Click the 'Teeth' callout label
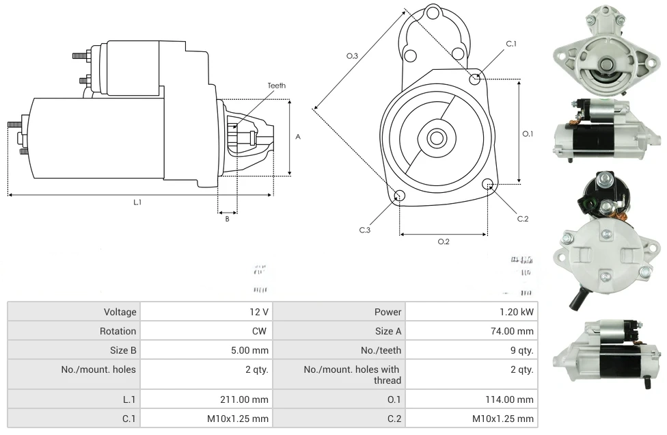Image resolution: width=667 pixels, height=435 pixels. pyautogui.click(x=277, y=85)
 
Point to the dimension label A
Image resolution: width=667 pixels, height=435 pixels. pyautogui.click(x=298, y=137)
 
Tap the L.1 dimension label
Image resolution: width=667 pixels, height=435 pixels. pyautogui.click(x=137, y=202)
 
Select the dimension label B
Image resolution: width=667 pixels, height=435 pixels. pyautogui.click(x=228, y=219)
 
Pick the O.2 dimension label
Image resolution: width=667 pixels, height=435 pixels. pyautogui.click(x=444, y=241)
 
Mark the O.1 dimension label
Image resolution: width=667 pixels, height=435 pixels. pyautogui.click(x=528, y=134)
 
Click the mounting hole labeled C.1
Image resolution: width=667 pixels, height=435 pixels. pyautogui.click(x=475, y=79)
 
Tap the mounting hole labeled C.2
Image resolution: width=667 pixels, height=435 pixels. pyautogui.click(x=488, y=184)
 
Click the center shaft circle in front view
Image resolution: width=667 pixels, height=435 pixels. pyautogui.click(x=436, y=138)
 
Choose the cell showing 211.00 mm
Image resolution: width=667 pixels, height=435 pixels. pyautogui.click(x=251, y=399)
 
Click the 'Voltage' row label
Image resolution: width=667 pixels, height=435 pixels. pyautogui.click(x=120, y=312)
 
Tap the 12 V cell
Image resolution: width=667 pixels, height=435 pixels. pyautogui.click(x=259, y=312)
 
